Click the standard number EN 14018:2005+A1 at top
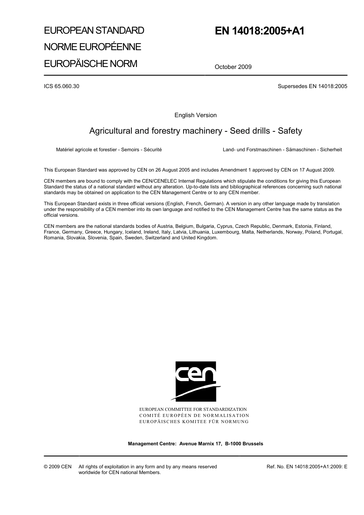(x=259, y=31)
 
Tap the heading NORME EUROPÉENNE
(x=92, y=47)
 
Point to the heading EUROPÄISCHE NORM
(x=90, y=64)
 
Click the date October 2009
(x=233, y=67)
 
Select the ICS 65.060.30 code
(x=62, y=86)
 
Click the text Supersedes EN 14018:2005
(x=312, y=86)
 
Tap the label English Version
(x=195, y=115)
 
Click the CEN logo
(x=196, y=381)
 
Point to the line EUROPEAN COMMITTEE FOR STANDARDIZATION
(x=193, y=409)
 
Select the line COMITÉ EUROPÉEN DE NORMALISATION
(x=194, y=415)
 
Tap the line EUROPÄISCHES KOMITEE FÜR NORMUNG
(x=194, y=422)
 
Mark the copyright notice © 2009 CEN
(x=57, y=467)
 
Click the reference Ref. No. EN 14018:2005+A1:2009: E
(x=307, y=467)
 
